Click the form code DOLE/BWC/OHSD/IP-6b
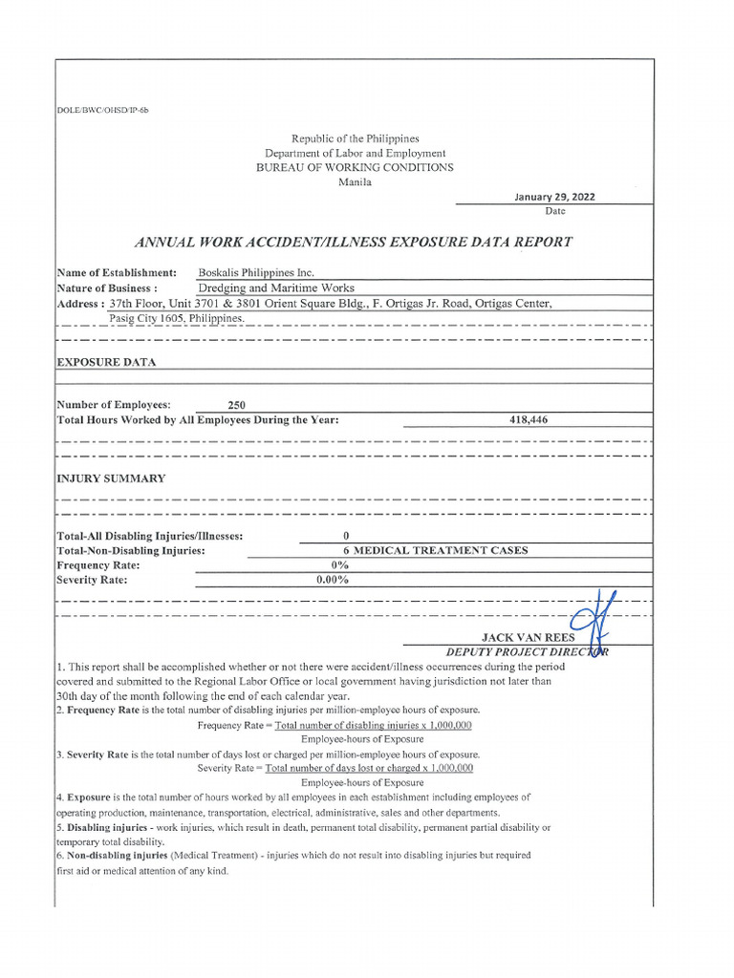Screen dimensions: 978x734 (103, 110)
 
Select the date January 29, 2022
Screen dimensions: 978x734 (554, 197)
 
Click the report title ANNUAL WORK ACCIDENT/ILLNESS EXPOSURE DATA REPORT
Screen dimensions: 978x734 (355, 242)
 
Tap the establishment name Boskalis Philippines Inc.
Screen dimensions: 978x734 (255, 272)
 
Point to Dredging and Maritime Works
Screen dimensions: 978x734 (276, 287)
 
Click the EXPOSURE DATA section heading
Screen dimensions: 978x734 (106, 363)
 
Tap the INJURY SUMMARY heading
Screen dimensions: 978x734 (111, 478)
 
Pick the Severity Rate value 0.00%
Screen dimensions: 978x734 (333, 579)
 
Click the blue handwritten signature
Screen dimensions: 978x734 (593, 626)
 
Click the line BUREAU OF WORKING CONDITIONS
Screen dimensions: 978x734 (355, 167)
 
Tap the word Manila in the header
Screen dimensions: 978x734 (355, 181)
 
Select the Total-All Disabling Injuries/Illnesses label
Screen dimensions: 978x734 (150, 536)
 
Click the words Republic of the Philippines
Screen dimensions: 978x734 (355, 138)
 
